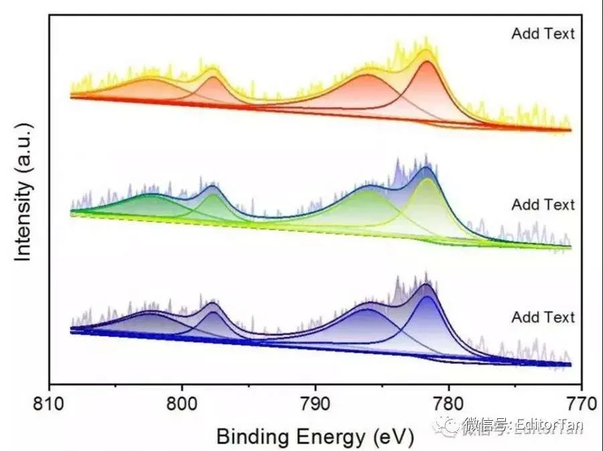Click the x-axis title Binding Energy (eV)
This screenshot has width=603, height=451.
(x=315, y=436)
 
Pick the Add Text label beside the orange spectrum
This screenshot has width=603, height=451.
(x=543, y=33)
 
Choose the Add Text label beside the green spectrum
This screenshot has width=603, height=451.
(x=543, y=204)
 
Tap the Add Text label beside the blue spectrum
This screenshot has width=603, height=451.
(x=543, y=317)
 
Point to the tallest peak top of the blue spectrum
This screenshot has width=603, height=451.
(x=426, y=286)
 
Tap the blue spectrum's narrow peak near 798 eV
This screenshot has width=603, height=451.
(x=213, y=304)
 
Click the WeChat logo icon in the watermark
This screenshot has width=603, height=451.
(x=448, y=424)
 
